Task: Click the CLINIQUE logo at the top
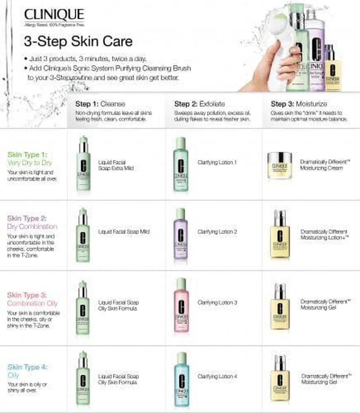pos(54,15)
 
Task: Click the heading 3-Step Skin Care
pos(78,42)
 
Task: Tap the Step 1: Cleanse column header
pos(100,104)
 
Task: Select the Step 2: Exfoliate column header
pos(199,104)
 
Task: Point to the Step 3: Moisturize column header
pos(299,104)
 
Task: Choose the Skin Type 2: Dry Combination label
pos(32,222)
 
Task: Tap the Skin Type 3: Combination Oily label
pos(32,299)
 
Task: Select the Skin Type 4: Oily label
pos(28,371)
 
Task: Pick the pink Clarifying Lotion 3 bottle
pos(181,306)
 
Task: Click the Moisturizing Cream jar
pos(279,166)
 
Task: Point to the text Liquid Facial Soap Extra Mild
pos(116,165)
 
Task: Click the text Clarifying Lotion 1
pos(217,162)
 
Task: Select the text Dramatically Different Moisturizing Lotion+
pos(324,235)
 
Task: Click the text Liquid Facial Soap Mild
pos(124,232)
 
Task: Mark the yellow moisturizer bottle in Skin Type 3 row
pos(280,307)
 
